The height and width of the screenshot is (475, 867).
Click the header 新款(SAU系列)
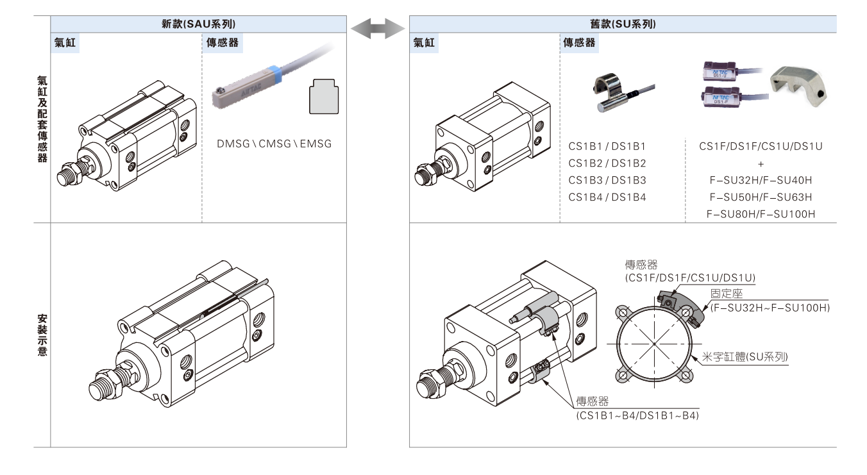tap(198, 24)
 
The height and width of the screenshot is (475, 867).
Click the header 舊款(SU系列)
tap(623, 24)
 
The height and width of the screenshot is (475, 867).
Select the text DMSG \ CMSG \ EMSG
tap(275, 144)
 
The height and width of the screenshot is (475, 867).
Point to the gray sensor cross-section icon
tap(324, 97)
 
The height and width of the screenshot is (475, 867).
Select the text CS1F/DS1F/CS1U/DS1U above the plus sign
tap(761, 147)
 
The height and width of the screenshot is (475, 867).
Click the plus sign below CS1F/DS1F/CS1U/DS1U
tap(761, 163)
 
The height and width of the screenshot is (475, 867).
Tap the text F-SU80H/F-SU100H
tap(761, 214)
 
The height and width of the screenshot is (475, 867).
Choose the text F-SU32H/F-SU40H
tap(761, 180)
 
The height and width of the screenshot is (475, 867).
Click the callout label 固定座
tap(726, 294)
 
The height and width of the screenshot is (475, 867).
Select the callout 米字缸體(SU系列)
tap(753, 357)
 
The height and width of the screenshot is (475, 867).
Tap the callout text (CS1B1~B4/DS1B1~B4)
tap(637, 415)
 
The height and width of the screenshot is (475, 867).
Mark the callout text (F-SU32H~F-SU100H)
tap(770, 308)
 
